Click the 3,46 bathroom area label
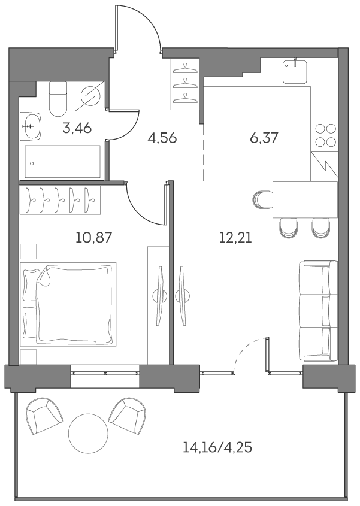coord(77,128)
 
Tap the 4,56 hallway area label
coord(162,138)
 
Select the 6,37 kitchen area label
coord(264,138)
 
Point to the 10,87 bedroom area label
coord(94,237)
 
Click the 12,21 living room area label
coord(235,237)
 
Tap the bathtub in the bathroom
coord(62,160)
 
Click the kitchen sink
coord(295,72)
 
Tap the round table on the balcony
coord(88,434)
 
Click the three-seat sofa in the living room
coord(317,310)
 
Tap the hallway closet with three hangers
coord(185,84)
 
